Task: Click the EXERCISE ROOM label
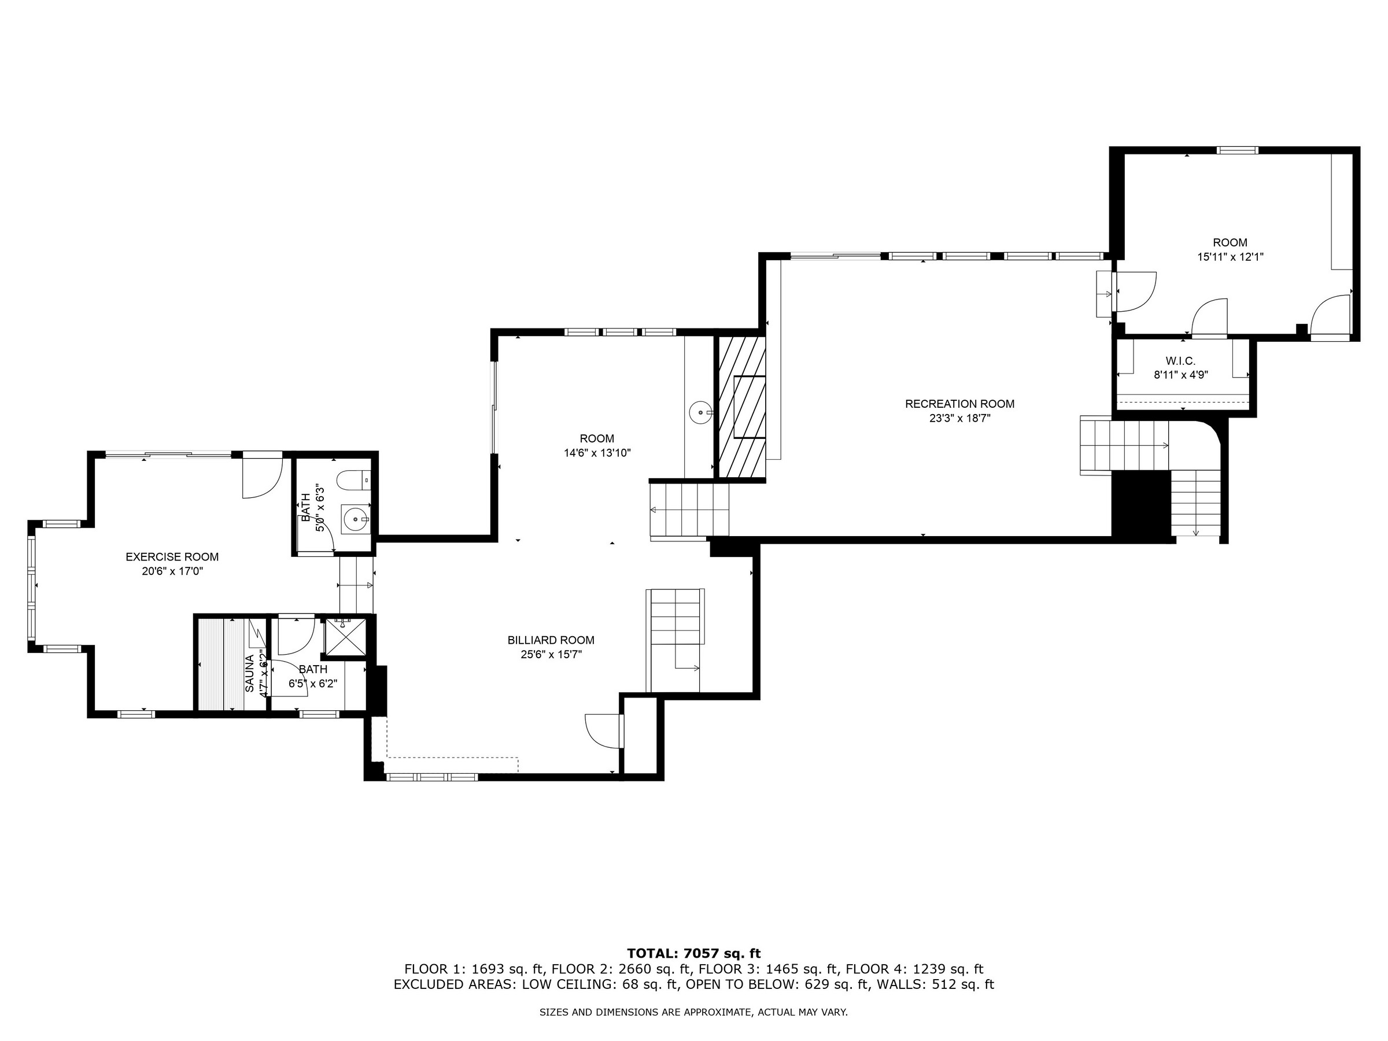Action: [172, 556]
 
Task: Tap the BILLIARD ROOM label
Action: [551, 640]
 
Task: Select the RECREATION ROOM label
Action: [959, 404]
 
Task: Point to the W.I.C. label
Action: [1180, 361]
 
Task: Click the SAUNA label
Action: [250, 673]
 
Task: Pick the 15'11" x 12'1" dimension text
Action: [1230, 257]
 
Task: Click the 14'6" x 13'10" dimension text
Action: [597, 452]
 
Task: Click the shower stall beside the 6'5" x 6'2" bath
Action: [345, 637]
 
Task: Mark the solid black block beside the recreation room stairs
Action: [1142, 504]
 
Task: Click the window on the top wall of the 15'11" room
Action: [1238, 150]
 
